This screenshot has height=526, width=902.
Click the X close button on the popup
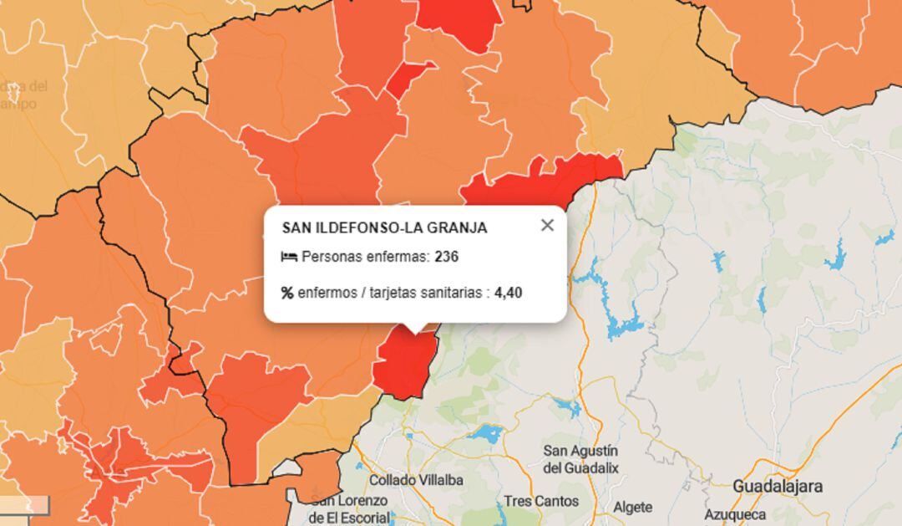point(547,225)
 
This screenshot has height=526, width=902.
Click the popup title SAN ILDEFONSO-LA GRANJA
point(385,227)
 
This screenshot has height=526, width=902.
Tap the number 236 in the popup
point(447,257)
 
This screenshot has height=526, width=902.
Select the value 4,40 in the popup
point(509,293)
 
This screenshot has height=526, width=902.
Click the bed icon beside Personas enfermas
point(289,257)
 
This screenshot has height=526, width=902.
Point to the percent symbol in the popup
point(287,293)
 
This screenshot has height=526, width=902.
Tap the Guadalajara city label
point(778,486)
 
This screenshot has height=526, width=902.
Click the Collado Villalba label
point(416,480)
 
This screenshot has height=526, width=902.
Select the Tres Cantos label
point(541,502)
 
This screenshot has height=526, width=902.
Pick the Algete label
point(633,507)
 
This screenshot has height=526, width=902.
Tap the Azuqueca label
point(734,514)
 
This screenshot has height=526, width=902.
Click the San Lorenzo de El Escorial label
point(349,509)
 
